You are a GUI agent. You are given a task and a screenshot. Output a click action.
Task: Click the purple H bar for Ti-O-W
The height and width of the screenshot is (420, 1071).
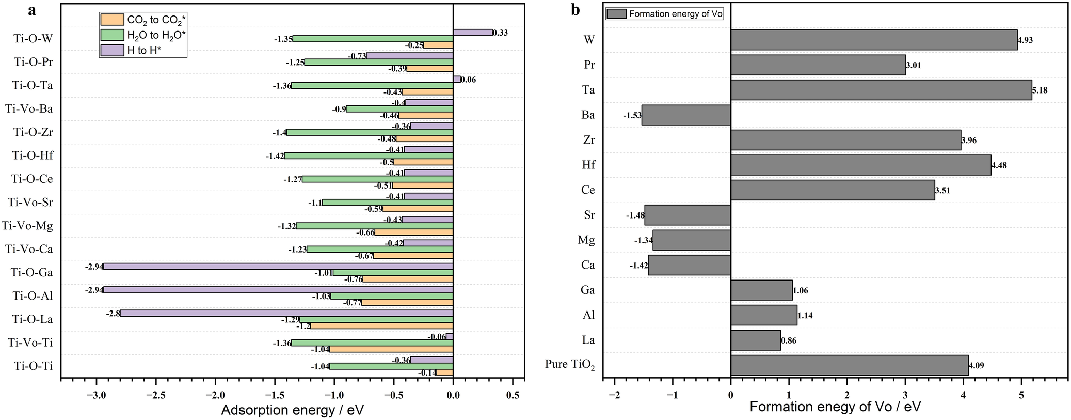472,33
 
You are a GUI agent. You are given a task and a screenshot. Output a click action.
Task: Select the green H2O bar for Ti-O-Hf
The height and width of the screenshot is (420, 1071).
369,155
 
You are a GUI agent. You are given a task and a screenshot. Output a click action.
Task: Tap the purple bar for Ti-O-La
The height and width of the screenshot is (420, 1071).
286,313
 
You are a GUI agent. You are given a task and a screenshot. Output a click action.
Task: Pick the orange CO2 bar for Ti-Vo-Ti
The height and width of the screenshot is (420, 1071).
391,349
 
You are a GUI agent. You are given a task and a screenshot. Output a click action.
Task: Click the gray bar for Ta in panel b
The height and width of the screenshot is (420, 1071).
881,90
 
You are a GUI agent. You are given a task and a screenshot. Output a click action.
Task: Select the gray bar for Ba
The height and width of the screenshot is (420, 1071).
686,115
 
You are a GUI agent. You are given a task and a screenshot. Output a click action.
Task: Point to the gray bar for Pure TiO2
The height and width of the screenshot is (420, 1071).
849,365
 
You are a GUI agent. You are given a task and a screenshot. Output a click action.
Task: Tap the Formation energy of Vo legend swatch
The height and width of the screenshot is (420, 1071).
616,14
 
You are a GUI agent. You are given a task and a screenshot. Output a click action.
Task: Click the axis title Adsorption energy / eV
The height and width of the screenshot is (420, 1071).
292,410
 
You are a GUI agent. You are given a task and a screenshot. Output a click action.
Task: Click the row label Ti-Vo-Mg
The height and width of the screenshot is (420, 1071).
27,226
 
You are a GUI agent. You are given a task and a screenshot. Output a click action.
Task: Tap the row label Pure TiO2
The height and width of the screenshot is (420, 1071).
569,364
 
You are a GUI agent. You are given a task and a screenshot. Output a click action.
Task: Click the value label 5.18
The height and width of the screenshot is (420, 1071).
1040,90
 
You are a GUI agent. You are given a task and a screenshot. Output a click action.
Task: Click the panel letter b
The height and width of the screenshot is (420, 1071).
576,10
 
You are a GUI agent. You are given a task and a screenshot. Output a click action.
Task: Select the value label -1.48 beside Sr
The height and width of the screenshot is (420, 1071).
635,215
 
